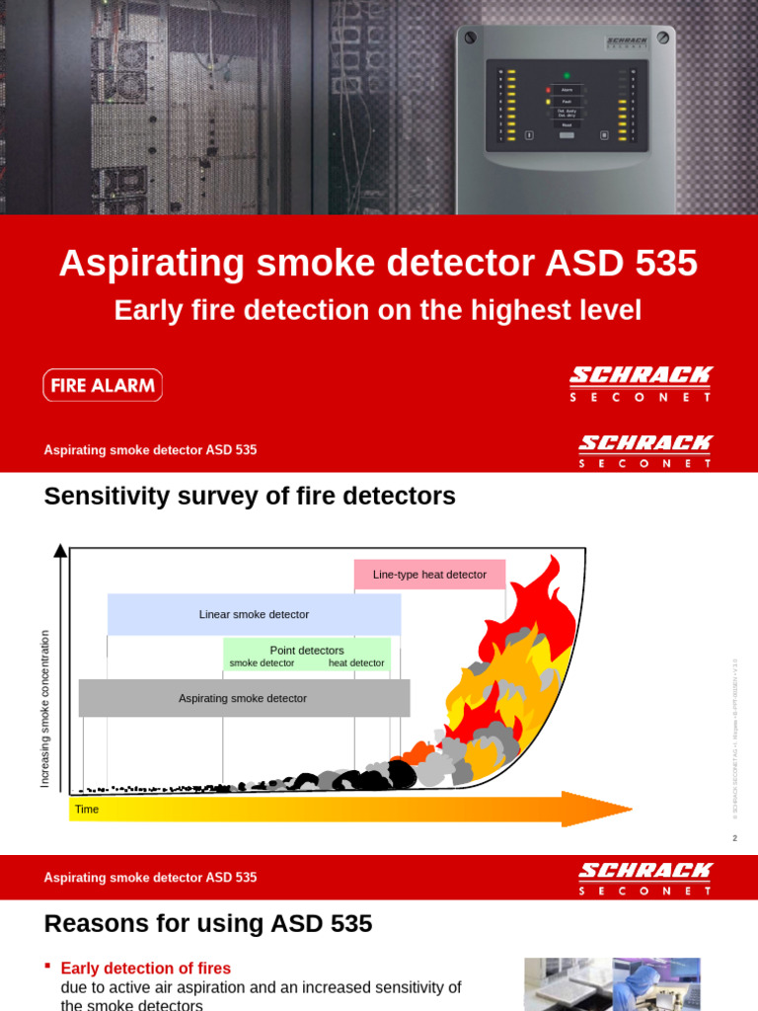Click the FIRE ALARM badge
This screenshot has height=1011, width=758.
pos(103,385)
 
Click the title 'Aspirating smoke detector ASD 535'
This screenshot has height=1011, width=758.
pos(378,264)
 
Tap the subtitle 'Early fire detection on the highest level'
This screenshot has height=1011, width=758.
pos(378,310)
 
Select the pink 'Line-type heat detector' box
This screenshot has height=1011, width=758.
pos(429,575)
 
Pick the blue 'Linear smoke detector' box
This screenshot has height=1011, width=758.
pos(254,614)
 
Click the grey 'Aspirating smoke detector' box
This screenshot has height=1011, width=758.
pos(244,698)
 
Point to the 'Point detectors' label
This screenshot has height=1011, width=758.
pos(307,650)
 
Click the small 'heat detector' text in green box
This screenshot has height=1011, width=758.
pos(356,663)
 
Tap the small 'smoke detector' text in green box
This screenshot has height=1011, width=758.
pos(262,663)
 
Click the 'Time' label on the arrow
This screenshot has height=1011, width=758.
pos(87,810)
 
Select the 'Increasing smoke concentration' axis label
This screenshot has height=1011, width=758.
pos(44,709)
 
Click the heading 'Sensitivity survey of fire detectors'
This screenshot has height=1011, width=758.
pos(250,497)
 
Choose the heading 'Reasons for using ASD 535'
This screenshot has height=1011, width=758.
pos(208,924)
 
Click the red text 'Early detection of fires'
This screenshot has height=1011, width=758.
pos(146,969)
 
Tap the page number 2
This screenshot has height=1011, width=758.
pos(734,838)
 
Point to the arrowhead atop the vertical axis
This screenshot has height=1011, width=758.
pos(60,550)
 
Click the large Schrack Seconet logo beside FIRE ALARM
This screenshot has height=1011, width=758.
pos(641,384)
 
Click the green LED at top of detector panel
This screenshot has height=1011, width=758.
pos(567,75)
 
